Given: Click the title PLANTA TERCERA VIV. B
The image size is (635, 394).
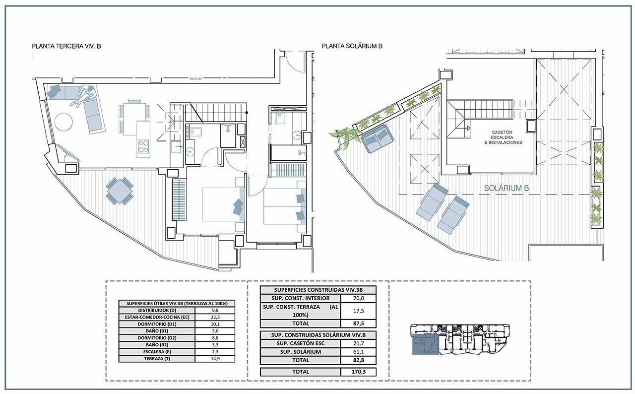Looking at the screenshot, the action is (x=66, y=46).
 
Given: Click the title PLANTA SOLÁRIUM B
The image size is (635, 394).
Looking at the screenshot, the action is (x=352, y=46).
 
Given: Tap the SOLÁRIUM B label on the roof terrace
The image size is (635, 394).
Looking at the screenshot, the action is (x=507, y=188).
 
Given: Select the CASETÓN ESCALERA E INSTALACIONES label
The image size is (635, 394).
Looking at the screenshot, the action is (x=503, y=137).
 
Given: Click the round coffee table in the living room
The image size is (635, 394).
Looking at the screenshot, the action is (x=63, y=122).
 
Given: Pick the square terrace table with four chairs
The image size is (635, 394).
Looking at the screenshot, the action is (x=120, y=191).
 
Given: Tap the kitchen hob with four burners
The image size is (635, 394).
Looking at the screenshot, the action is (x=143, y=146).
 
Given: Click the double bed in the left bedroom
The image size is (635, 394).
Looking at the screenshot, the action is (x=223, y=204).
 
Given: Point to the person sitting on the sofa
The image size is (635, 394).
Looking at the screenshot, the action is (x=84, y=96).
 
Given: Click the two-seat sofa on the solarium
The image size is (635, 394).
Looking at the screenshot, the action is (x=378, y=138).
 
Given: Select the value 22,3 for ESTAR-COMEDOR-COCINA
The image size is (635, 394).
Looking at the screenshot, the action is (x=215, y=317).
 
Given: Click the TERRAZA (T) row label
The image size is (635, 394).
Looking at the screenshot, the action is (x=157, y=359).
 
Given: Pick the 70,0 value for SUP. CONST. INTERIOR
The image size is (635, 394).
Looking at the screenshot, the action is (x=358, y=298).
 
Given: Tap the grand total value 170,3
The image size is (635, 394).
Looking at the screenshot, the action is (x=358, y=372).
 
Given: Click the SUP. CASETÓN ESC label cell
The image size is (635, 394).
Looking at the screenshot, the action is (x=301, y=343).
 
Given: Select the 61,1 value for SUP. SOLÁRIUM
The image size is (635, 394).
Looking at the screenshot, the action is (x=358, y=352).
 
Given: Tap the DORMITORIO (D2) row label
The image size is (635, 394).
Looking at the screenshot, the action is (x=157, y=338).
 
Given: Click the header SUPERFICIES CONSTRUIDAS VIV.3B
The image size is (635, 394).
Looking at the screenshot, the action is (x=318, y=290).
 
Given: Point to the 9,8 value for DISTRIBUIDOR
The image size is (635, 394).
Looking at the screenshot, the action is (x=215, y=310).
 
